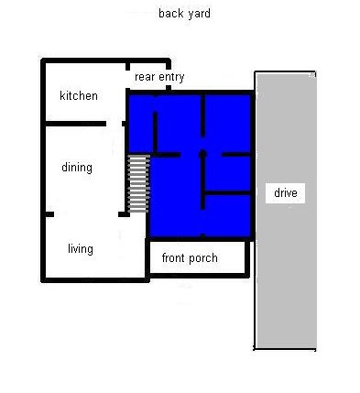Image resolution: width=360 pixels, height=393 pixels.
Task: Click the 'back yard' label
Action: point(184,14)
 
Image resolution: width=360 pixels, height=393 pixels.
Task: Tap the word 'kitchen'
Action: point(79,96)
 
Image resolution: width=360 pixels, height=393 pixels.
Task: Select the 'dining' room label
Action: point(77,168)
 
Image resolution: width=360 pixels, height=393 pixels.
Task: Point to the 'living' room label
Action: point(81,249)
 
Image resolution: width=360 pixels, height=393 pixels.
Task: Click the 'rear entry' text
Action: point(159,77)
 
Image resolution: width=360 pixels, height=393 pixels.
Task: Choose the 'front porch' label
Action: point(190,258)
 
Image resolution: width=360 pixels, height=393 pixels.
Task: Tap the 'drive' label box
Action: point(286,193)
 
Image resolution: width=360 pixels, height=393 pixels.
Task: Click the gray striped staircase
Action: point(139,184)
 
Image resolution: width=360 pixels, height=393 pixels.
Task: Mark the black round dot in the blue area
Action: point(202,155)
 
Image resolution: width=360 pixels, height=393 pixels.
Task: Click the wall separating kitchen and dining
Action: point(76,124)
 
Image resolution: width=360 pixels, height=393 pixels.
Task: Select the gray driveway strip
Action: point(286,211)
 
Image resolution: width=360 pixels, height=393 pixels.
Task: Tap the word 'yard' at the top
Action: point(199,14)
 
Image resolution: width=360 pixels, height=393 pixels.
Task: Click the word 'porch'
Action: point(202,258)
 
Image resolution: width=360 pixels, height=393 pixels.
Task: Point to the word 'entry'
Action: point(171,77)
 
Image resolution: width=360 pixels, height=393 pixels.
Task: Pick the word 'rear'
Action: point(145,77)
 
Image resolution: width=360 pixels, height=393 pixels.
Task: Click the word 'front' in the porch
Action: point(173,258)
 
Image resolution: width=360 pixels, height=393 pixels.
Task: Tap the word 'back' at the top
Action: point(171,14)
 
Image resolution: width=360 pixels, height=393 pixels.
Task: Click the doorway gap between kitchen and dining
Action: point(115,124)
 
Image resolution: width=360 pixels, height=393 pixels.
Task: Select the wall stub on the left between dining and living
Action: point(49,214)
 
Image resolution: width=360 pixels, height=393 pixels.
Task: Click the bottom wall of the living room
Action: point(95,279)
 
